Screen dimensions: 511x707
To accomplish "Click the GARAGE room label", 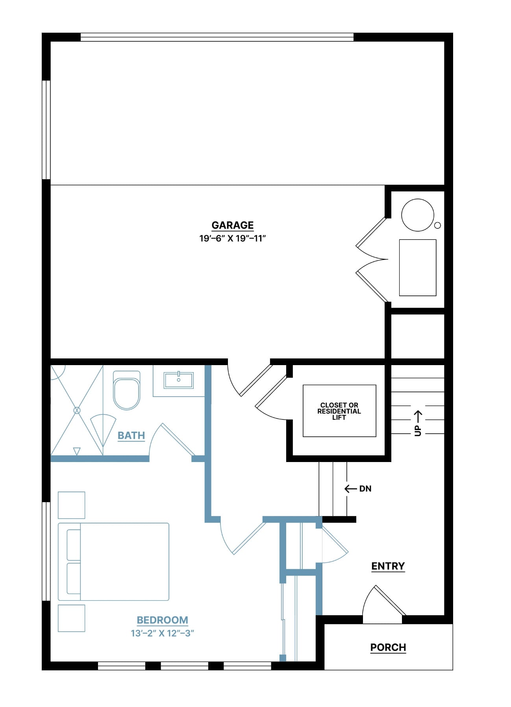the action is point(232,225).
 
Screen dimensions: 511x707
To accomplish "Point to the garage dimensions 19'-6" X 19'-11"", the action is point(233,238).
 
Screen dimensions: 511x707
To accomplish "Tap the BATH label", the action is point(131,436).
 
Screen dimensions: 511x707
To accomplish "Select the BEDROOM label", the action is point(162,620).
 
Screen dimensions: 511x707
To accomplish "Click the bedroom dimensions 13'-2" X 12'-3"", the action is point(162,633).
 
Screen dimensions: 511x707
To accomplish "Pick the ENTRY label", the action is point(388,566).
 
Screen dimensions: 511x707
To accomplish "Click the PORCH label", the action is point(388,648).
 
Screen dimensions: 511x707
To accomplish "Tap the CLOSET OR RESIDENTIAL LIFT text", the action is point(339,411).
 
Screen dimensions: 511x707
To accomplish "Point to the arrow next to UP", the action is point(418,416).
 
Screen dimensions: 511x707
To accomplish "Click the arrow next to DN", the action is point(351,489).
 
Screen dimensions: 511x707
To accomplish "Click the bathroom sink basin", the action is point(179,380).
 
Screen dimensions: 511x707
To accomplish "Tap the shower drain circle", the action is point(77,410).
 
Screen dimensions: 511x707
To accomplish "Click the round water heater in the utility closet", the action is point(417,215).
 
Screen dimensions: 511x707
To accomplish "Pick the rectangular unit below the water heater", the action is point(418,267).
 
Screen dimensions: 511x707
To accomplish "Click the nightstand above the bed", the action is point(71,505).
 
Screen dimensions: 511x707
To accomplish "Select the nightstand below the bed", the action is point(71,618).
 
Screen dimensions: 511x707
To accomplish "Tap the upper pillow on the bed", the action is point(74,545).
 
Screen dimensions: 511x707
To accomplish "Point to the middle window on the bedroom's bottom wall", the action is point(184,666).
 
